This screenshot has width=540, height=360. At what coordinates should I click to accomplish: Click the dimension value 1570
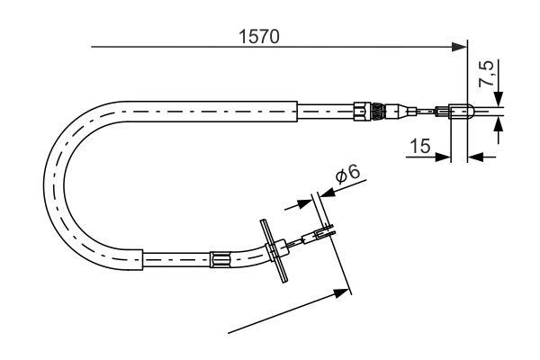coord(258,37)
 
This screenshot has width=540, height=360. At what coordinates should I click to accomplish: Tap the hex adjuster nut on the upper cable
coord(362,111)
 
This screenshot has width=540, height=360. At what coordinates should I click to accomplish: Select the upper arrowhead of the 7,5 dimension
coord(499,101)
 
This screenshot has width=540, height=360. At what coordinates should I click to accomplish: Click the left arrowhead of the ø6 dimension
coord(305,202)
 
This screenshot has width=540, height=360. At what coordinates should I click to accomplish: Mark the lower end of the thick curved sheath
coord(143,261)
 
